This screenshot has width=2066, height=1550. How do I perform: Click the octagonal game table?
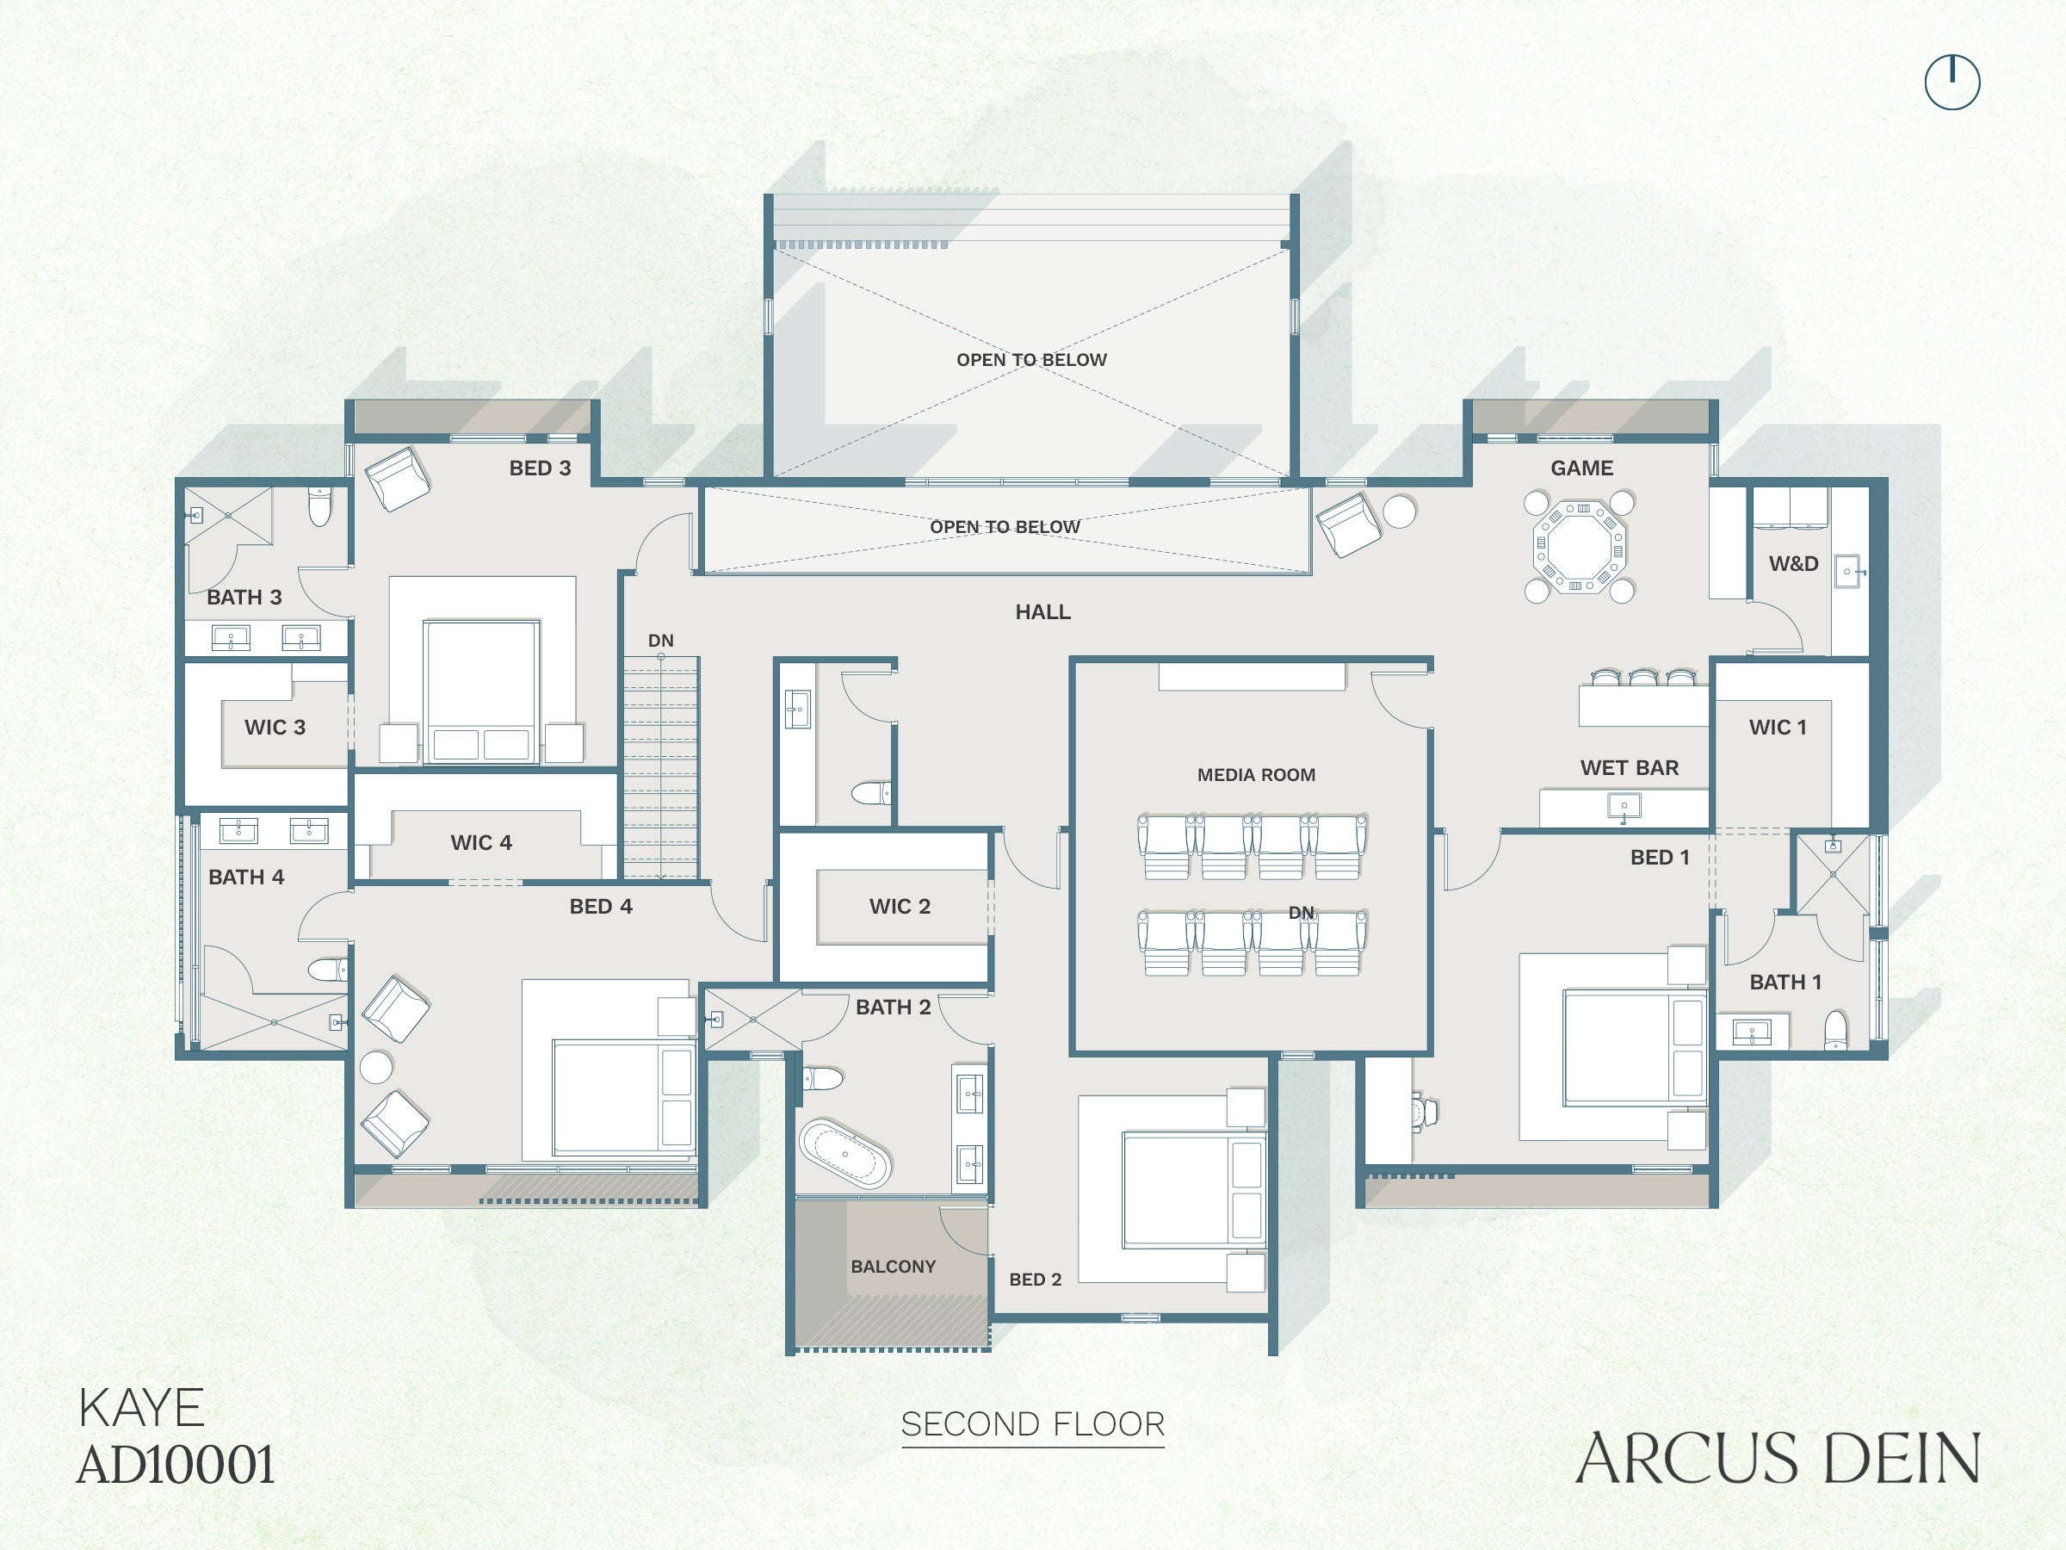tap(1579, 547)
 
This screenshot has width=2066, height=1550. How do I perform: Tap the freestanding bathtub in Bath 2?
tap(845, 1154)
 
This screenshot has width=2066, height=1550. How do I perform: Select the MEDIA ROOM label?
tap(1256, 774)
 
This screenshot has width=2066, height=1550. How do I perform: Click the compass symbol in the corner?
tap(1952, 82)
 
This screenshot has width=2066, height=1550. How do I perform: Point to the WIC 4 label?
tap(481, 843)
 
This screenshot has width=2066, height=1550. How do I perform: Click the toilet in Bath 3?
tap(319, 505)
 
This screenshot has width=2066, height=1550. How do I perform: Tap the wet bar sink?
tap(1624, 806)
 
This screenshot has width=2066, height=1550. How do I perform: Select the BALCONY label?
tap(893, 1267)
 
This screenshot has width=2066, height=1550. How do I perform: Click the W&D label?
tap(1793, 563)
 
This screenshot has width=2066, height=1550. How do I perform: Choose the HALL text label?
tap(1042, 612)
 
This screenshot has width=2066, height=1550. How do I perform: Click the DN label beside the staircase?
tap(660, 641)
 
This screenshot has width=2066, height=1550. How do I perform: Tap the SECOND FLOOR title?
tap(1033, 1424)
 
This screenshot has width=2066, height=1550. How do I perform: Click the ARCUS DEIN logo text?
tap(1778, 1458)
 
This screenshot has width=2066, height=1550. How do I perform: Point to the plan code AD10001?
tap(176, 1464)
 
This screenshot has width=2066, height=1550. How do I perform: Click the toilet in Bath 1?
tap(1835, 1030)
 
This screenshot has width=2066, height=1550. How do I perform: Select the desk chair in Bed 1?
tap(1424, 1113)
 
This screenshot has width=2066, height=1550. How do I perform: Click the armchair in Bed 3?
tap(397, 479)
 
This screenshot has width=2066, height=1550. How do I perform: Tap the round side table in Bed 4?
tap(376, 1067)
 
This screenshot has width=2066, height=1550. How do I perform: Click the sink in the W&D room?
tap(1847, 571)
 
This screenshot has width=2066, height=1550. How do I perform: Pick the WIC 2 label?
tap(900, 906)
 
